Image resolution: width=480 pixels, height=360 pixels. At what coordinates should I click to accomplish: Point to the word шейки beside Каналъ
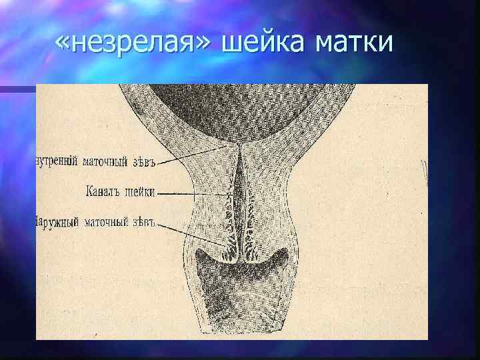(140, 191)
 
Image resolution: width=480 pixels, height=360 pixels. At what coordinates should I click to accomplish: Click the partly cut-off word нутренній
(56, 161)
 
